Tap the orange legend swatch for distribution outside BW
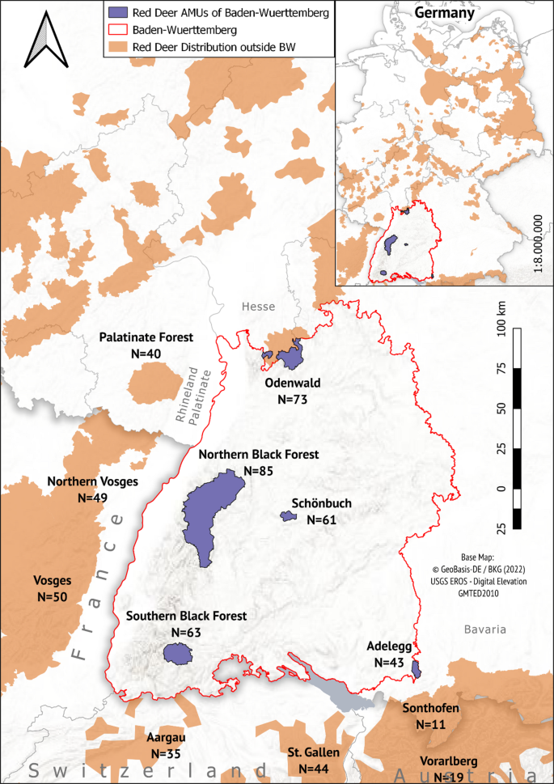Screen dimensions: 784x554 point(117,47)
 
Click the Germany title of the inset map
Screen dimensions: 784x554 point(443,13)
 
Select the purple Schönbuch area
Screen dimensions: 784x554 point(288,516)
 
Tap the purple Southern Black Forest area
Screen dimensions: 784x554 point(176,653)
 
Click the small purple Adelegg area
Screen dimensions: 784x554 point(417,669)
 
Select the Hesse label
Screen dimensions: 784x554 point(258,307)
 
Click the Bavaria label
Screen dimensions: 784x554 point(485,629)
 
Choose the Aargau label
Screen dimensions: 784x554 point(167,738)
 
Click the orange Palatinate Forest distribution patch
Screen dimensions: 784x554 point(149,385)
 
